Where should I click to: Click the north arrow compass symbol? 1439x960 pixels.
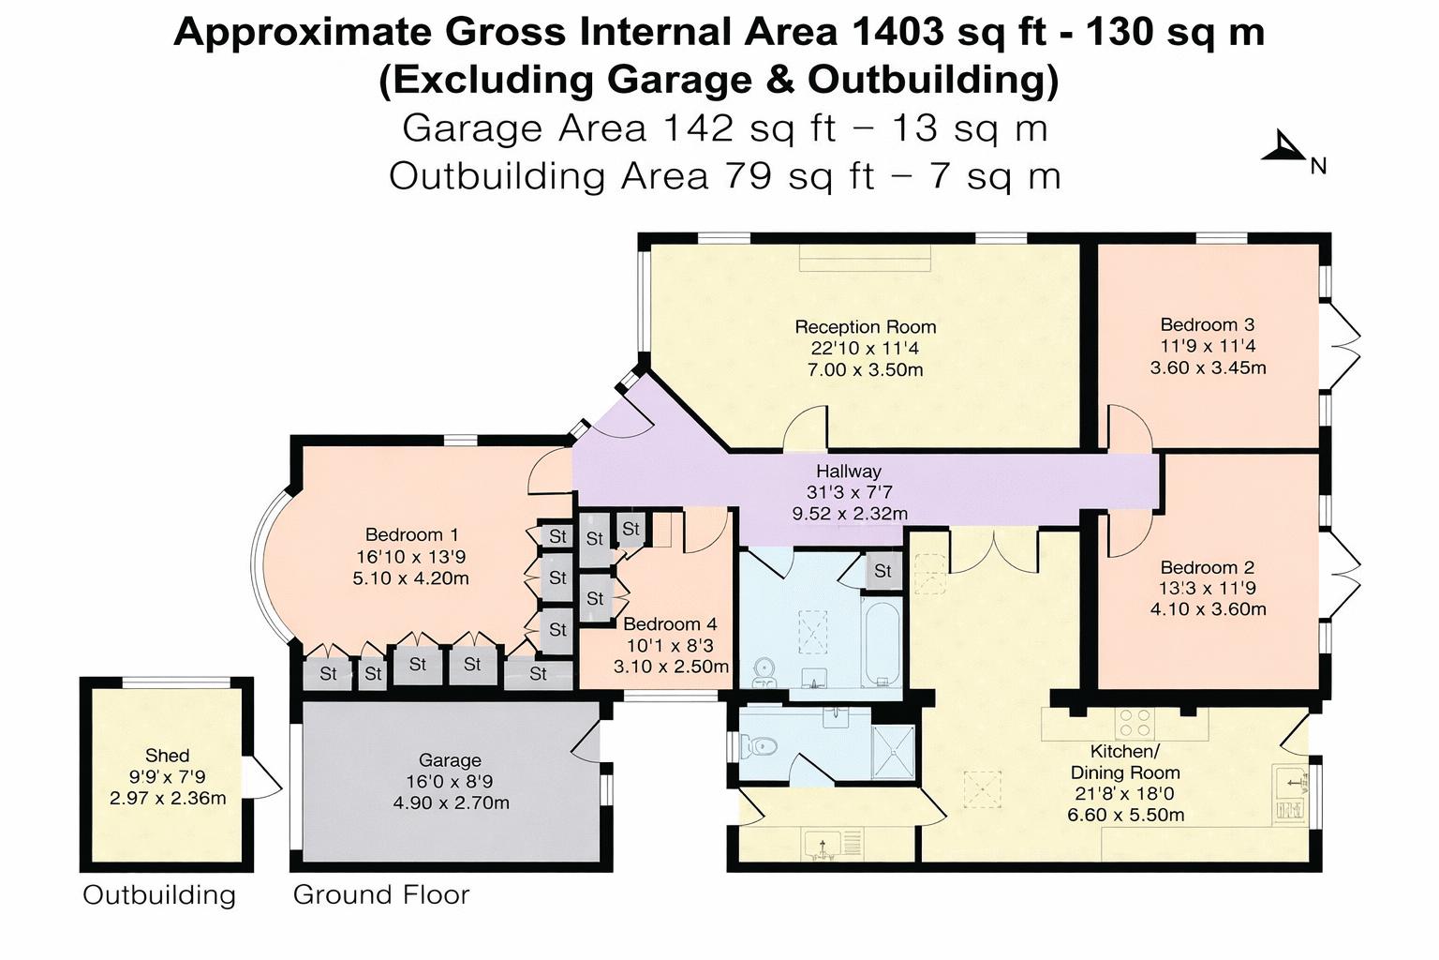click(1283, 148)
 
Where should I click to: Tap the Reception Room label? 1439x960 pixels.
click(866, 326)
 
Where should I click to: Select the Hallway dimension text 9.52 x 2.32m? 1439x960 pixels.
click(850, 513)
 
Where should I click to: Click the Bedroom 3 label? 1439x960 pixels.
click(1208, 324)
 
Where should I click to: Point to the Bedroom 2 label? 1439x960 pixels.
click(1208, 567)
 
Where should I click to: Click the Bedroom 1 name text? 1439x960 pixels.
click(412, 534)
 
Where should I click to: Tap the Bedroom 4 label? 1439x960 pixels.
click(670, 623)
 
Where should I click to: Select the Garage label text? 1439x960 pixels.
click(450, 760)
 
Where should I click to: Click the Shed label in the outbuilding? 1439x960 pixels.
click(167, 755)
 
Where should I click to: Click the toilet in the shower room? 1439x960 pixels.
click(759, 746)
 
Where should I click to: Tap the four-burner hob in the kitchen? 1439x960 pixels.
click(1135, 722)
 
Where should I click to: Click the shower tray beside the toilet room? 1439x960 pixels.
click(893, 750)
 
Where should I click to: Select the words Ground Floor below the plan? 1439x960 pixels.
click(381, 894)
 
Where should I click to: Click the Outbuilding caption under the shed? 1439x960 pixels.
click(159, 894)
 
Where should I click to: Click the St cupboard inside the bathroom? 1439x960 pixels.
click(883, 571)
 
